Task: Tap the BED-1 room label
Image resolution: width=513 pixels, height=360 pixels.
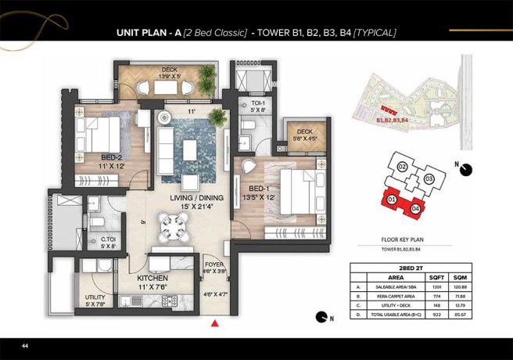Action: tap(260, 189)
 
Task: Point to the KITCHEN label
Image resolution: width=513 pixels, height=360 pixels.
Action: tap(153, 278)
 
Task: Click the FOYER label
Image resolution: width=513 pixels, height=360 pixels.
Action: tap(214, 264)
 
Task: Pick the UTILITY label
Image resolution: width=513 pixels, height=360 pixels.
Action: tap(95, 297)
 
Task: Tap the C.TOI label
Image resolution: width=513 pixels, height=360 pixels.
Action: tap(109, 239)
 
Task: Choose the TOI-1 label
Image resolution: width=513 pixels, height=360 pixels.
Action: tap(258, 103)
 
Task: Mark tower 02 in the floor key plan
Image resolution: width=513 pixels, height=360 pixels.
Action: tap(401, 167)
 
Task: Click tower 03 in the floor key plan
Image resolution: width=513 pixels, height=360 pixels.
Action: tap(429, 178)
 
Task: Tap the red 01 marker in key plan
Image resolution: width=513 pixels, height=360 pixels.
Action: tap(391, 200)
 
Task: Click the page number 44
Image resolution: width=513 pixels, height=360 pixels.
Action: tap(25, 345)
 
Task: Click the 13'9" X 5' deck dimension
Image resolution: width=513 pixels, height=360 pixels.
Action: tap(170, 76)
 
